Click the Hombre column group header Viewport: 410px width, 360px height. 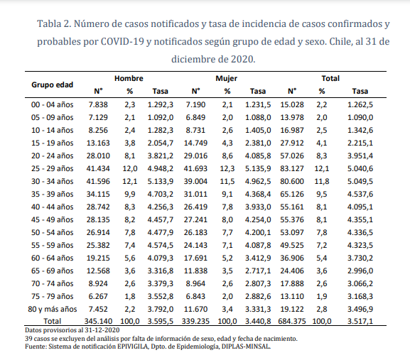[129, 78]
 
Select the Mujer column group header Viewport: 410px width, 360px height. [226, 78]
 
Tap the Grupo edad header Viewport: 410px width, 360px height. [53, 85]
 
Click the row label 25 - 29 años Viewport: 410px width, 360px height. [53, 168]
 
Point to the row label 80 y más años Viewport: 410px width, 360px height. [53, 309]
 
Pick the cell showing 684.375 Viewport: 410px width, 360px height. [292, 321]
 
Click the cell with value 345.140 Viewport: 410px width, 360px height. [98, 321]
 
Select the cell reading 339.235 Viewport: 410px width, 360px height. [195, 321]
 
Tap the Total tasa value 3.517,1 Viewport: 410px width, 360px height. [360, 321]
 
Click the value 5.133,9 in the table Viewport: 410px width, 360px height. [161, 181]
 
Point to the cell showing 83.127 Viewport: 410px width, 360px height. [292, 168]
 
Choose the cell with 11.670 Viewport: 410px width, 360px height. [195, 309]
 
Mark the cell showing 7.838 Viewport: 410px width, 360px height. [98, 104]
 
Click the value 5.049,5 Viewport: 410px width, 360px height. [360, 181]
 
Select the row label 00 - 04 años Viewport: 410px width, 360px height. [53, 104]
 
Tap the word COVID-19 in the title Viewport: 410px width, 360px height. [122, 41]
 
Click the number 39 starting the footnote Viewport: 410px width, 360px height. [28, 339]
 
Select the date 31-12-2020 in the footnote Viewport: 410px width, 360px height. [102, 330]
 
